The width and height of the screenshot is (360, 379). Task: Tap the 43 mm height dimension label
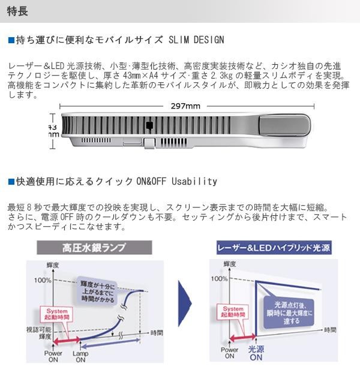pos(53,131)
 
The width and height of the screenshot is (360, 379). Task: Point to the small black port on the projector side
pos(149,125)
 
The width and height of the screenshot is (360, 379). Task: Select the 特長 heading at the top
pos(16,11)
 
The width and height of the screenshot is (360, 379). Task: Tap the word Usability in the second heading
pos(194,181)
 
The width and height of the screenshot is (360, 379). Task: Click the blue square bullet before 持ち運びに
pos(11,40)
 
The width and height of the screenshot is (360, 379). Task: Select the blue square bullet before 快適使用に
pos(11,181)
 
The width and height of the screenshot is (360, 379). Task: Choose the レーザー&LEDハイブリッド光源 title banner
pos(274,247)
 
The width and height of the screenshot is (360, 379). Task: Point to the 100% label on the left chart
pos(43,280)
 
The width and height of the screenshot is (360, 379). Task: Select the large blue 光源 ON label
pos(256,353)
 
